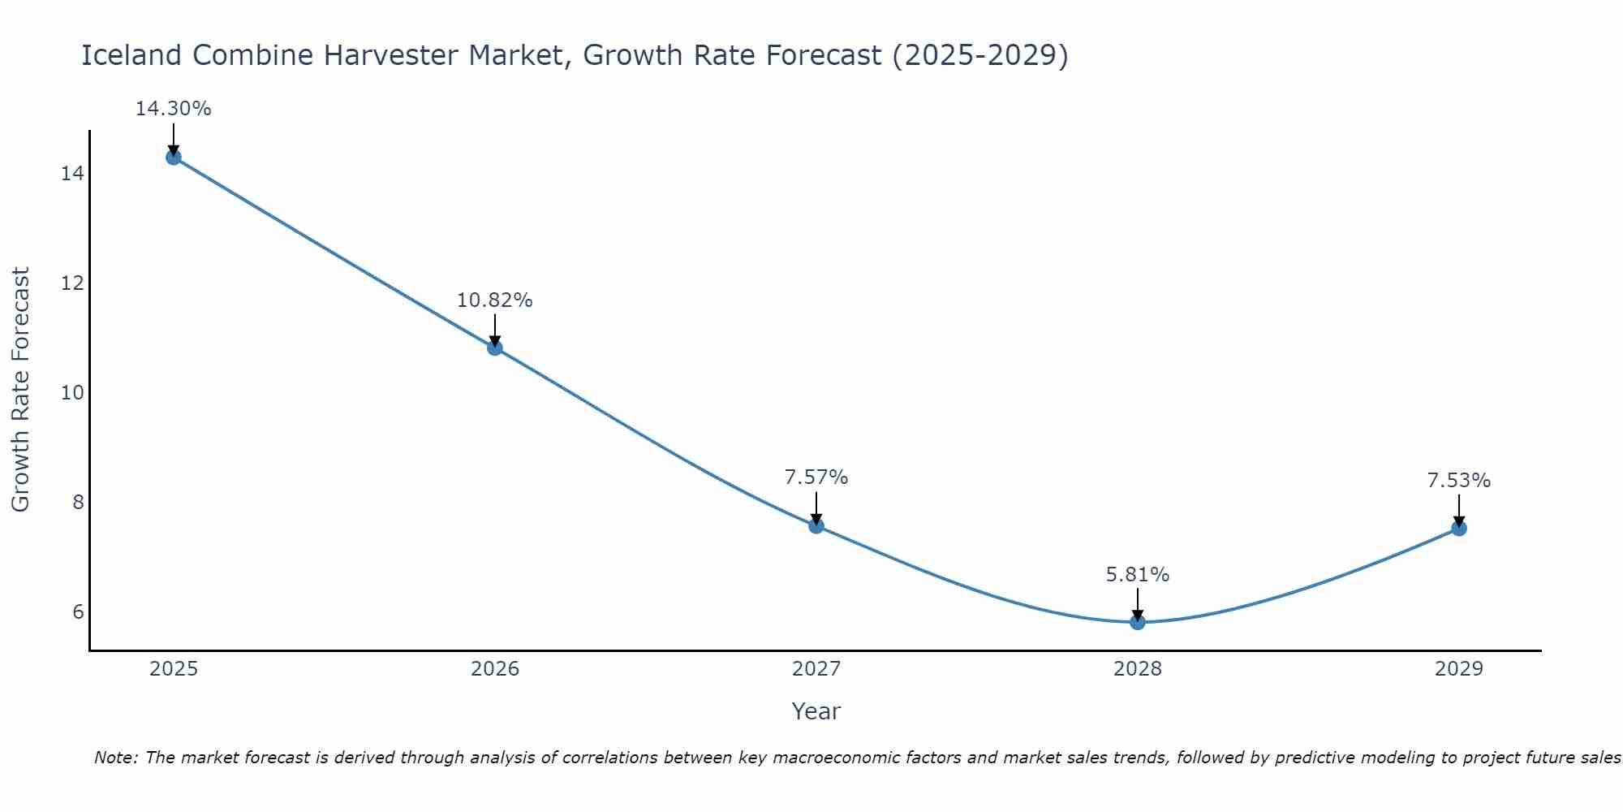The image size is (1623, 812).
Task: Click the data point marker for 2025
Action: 173,157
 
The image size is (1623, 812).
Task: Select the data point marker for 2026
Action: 494,348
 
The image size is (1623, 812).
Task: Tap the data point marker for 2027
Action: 816,525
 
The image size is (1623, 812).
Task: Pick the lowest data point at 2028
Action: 1137,622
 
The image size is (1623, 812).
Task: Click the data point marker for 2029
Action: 1458,529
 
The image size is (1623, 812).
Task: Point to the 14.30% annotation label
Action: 173,109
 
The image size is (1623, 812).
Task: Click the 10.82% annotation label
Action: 494,300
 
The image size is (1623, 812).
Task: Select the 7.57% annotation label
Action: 816,477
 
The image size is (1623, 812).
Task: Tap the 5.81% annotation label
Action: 1137,575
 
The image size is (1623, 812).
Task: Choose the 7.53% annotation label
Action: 1458,481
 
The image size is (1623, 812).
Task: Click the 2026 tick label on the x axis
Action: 495,669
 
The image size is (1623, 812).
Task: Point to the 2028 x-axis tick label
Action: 1137,669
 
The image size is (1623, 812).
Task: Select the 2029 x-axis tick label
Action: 1458,669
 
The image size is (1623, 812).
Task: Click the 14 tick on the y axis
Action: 72,174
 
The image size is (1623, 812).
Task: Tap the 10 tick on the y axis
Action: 72,393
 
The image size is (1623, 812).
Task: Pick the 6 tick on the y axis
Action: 78,611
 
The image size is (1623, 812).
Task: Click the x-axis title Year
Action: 816,711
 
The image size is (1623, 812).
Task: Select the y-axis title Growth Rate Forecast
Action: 20,390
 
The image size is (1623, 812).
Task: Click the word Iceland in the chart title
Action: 132,55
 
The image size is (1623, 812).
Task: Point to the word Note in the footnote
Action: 116,758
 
